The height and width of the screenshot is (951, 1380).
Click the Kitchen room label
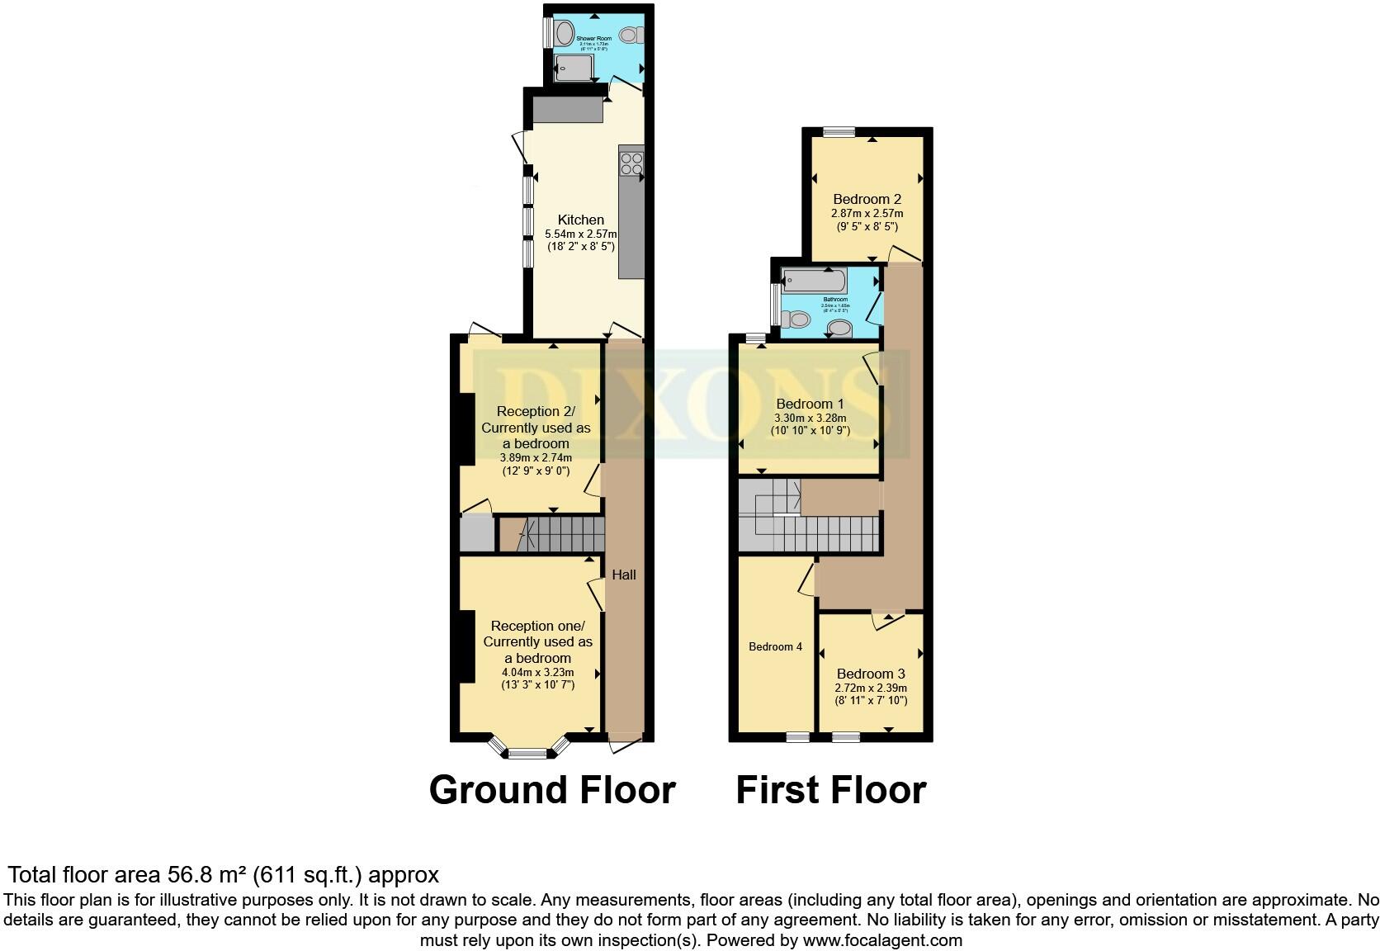click(x=581, y=220)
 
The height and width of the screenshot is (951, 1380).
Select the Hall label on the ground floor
click(x=624, y=575)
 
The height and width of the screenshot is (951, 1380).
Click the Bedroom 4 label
click(x=775, y=646)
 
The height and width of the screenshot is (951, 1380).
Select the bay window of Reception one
click(x=528, y=751)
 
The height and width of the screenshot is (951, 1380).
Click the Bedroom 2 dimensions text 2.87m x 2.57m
click(x=867, y=213)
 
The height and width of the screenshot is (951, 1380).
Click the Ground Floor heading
click(x=552, y=789)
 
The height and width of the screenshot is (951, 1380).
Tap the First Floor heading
click(x=830, y=789)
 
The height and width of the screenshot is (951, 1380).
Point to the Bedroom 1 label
click(x=810, y=404)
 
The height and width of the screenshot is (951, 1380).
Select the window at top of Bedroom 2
click(x=839, y=130)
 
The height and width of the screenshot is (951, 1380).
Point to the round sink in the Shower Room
click(x=565, y=34)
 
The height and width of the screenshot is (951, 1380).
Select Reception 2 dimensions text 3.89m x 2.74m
click(x=536, y=457)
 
